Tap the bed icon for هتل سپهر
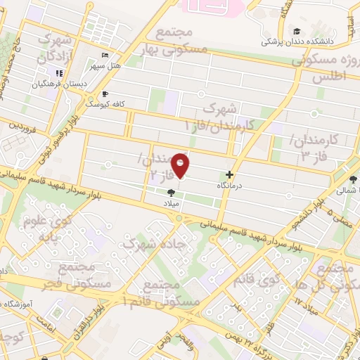coord(105,56)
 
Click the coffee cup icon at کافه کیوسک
coord(105,93)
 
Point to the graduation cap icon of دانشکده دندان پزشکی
coord(298,32)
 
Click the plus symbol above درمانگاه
coord(229,174)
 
